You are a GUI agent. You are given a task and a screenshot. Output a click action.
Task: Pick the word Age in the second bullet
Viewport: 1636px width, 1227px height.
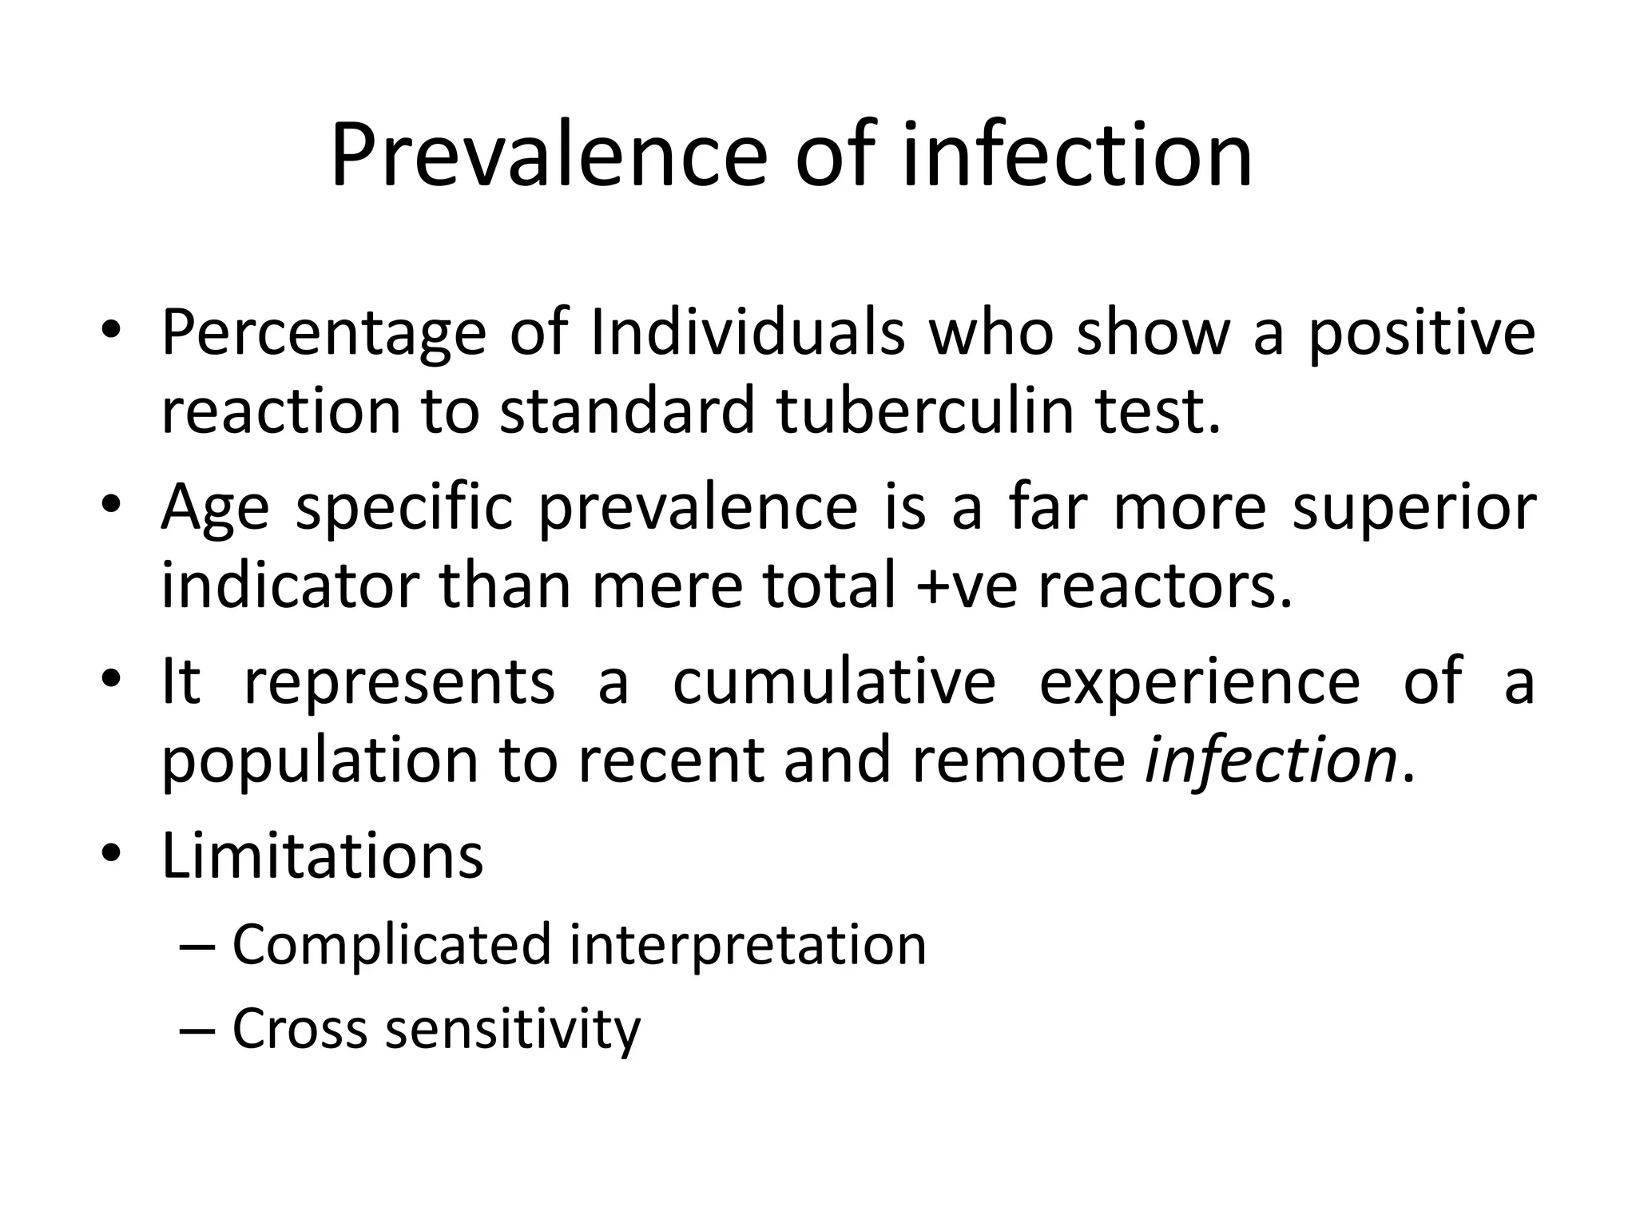(x=214, y=509)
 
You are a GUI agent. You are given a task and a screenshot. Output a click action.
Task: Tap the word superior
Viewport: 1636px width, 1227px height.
(x=1414, y=509)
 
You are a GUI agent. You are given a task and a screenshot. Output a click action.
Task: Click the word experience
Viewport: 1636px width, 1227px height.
(x=1199, y=684)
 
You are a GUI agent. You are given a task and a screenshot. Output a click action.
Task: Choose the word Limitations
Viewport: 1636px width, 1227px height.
(x=322, y=856)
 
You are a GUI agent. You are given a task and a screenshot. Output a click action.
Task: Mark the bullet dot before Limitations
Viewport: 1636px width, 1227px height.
(x=110, y=856)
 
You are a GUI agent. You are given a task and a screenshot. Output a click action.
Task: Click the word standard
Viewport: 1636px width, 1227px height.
(x=625, y=411)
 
